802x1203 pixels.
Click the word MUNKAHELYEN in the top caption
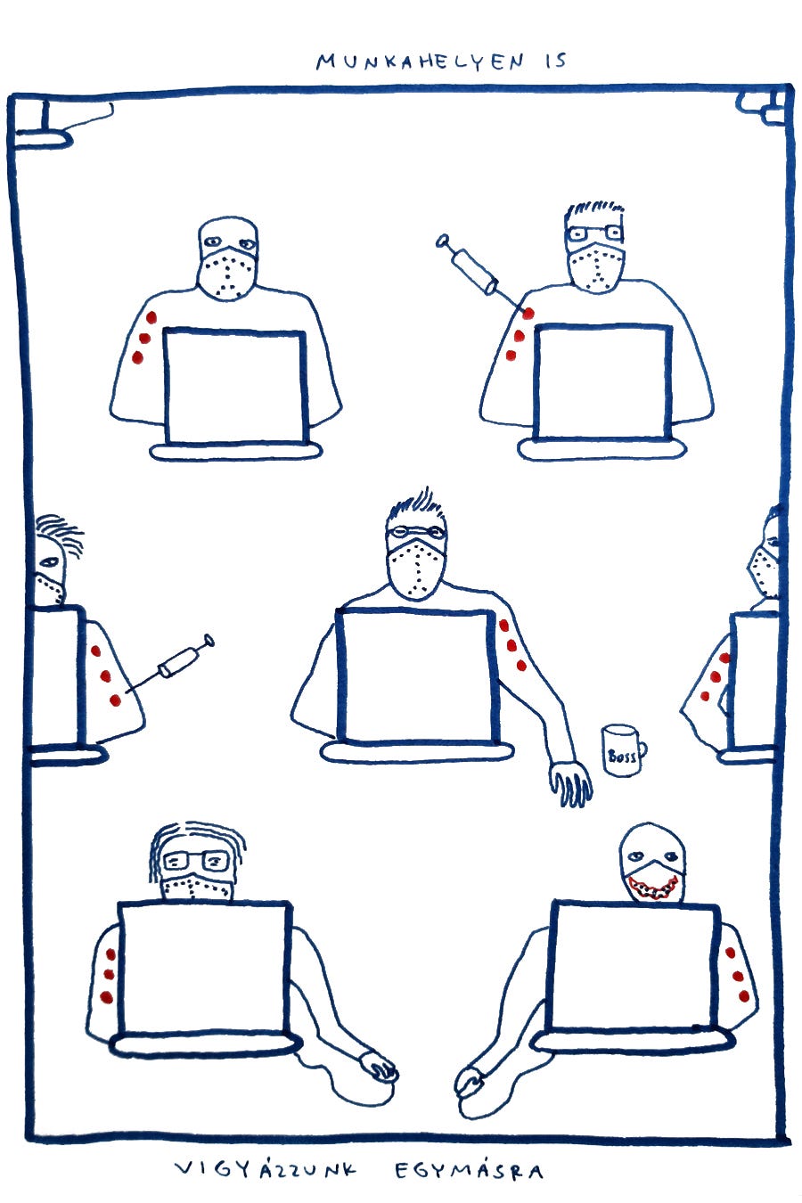(420, 62)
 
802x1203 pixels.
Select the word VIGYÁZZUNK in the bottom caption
(266, 1169)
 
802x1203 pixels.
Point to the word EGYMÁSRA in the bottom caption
(469, 1170)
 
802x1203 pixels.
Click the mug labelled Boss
(623, 750)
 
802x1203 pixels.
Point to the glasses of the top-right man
(594, 233)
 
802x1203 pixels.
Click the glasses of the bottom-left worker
(197, 861)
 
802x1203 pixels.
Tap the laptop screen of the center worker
(417, 676)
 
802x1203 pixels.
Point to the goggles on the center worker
(416, 532)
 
